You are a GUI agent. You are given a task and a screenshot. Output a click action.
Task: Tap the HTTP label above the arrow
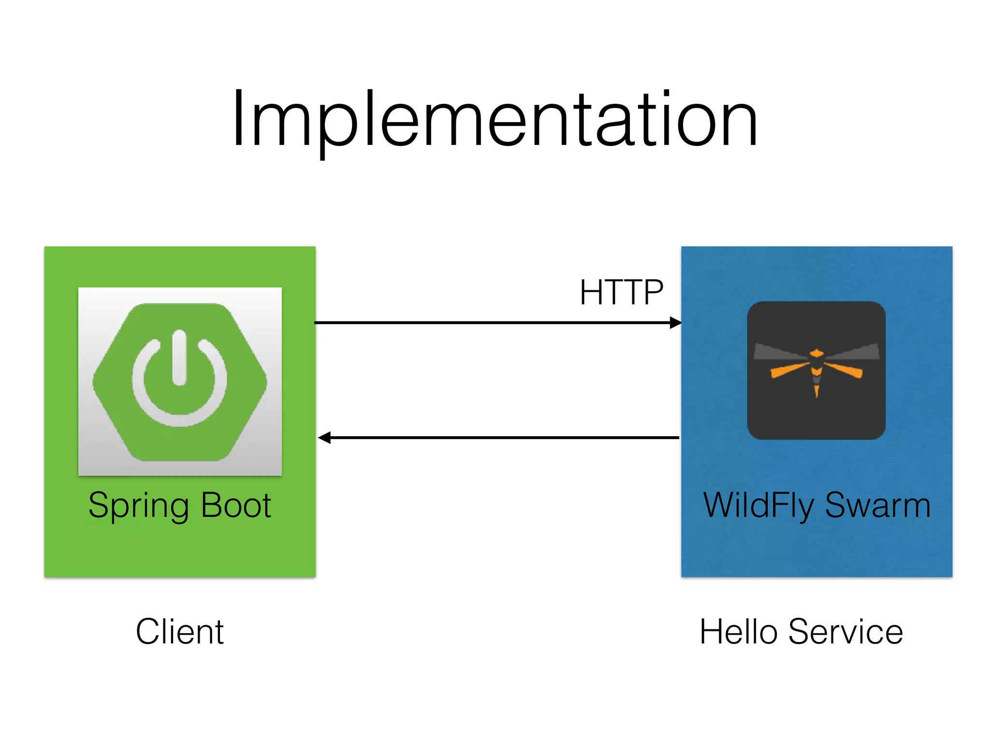621,293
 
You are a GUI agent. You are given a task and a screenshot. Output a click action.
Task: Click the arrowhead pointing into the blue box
676,323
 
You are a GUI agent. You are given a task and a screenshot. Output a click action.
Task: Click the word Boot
236,505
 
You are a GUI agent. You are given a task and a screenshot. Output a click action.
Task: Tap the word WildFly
758,506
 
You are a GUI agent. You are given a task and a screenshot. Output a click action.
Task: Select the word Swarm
877,506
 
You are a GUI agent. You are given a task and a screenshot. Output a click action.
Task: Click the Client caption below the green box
180,632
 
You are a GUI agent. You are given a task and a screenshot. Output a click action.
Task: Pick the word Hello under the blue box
739,632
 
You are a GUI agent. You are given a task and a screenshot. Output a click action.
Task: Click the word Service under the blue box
845,632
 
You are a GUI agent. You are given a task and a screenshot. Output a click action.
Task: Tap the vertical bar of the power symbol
179,357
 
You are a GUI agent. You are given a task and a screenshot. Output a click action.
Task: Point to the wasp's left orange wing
788,370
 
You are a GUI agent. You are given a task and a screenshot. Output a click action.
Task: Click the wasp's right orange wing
845,370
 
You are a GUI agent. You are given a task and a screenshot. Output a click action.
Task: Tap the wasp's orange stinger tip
816,392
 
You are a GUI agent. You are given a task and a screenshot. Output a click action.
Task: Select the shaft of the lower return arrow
503,438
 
